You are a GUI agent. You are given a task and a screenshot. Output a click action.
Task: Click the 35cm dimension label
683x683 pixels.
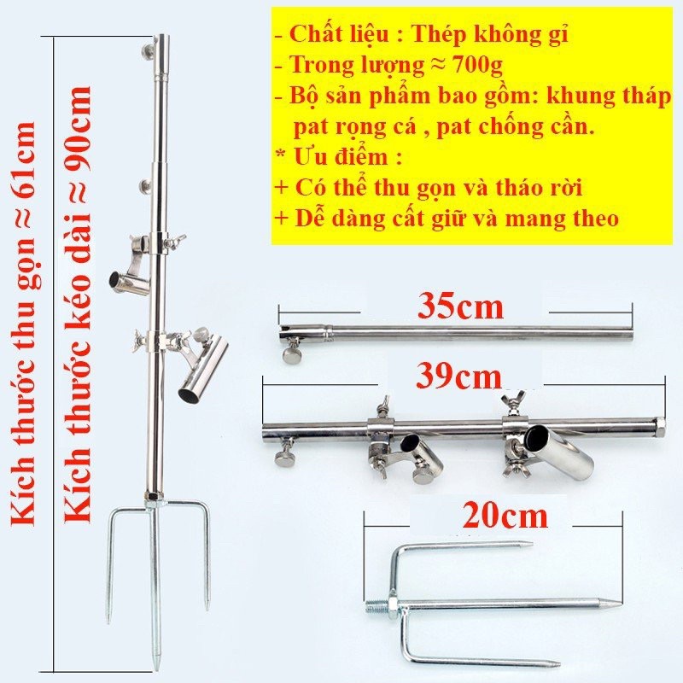coord(460,306)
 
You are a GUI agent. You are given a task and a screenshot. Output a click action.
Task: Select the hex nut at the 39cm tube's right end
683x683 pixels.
coord(659,424)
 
